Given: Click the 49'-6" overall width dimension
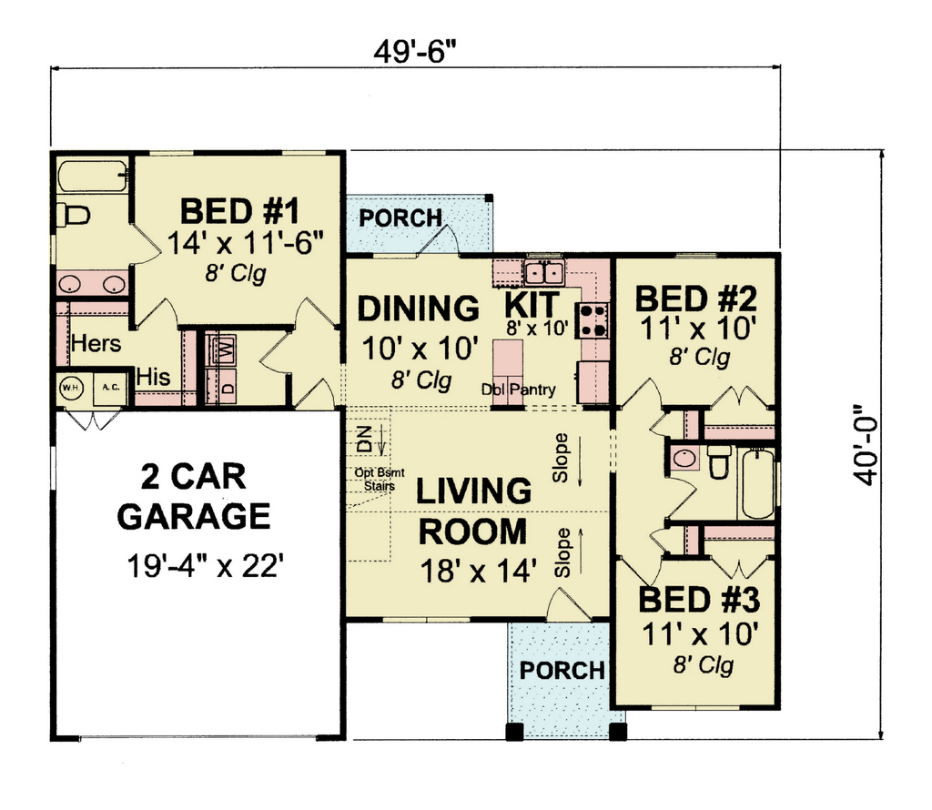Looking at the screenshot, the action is pos(415,52).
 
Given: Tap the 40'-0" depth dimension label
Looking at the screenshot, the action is pos(865,445).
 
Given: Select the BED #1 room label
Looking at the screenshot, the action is pos(239,211).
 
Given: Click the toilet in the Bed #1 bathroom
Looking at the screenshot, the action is pos(73,215).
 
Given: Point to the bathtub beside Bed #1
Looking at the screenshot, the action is pos(93,176).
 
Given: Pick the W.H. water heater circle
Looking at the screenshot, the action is pos(71,388).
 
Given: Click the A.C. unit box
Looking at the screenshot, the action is pos(110,388).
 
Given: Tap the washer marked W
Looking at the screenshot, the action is pos(221,350).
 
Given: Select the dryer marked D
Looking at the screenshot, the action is pos(221,386).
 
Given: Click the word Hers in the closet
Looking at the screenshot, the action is pos(96,343).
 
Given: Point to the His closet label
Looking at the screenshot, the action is pos(153,377).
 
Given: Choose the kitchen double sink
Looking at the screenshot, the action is pos(544,273).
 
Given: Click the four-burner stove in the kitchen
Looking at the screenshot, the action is pos(592,320).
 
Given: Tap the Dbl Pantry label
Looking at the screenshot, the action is pos(518,390).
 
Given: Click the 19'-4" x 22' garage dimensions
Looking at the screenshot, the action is pos(202,566).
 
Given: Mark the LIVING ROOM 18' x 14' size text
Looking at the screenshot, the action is pos(479,572).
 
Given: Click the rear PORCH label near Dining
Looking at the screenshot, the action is pos(400,218).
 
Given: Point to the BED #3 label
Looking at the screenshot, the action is pos(699,600).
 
